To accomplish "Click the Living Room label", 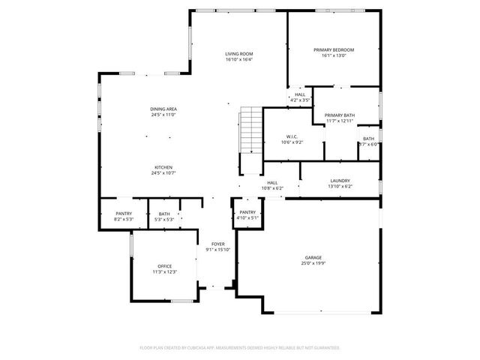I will point(239,53).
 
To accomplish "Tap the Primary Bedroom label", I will point(333,49).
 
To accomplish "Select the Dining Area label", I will point(163,109).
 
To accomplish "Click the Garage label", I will point(313,257).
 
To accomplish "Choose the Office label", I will point(164,266).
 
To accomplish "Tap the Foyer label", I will point(217,244).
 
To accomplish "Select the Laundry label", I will point(340,181).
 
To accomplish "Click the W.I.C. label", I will point(292,136).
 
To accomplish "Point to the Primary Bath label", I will point(340,115).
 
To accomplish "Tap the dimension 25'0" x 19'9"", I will point(313,262).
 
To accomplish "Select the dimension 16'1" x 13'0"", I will point(333,55).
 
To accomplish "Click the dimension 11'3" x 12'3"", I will point(164,271).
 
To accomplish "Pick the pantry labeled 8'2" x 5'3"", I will point(124,217).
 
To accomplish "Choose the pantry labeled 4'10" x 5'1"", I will point(247,215).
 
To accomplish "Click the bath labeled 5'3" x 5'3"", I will point(164,217).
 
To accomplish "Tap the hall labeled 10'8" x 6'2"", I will point(272,185).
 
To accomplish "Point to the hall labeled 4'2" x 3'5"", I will point(299,97).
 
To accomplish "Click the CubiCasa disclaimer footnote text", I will point(240,347).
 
